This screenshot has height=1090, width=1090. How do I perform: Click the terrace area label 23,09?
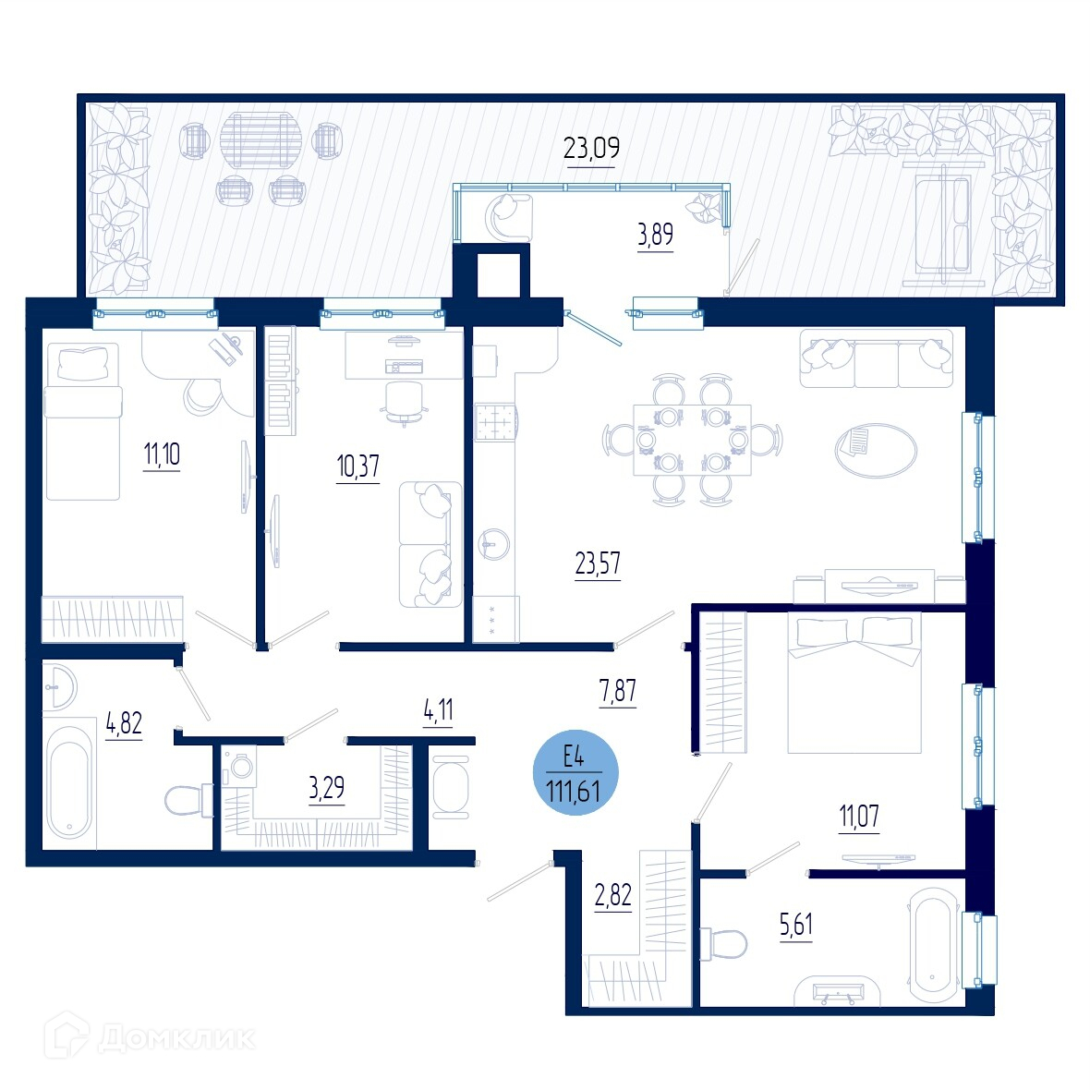(x=591, y=148)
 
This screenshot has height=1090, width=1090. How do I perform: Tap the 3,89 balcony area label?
(x=656, y=235)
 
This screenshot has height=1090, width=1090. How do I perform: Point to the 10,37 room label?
(x=358, y=466)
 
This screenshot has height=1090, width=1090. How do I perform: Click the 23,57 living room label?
(x=598, y=563)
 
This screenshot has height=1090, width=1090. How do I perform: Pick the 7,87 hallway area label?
(x=617, y=691)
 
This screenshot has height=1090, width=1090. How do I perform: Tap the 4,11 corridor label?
(x=438, y=710)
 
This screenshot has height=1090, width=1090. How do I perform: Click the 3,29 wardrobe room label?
(x=326, y=788)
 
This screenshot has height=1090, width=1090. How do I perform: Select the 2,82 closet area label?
(x=613, y=895)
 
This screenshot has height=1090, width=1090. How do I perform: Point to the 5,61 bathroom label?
(x=796, y=926)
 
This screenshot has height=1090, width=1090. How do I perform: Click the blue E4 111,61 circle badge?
(x=575, y=773)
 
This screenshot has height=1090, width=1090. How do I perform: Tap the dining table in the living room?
(x=693, y=440)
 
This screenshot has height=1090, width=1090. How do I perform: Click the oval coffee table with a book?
(x=876, y=451)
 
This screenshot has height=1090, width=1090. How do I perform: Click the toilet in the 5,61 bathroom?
(x=723, y=944)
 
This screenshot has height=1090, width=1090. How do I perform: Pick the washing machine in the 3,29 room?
(x=239, y=766)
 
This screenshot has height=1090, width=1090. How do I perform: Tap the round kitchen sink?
(x=495, y=543)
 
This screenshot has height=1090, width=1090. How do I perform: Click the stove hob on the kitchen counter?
(x=496, y=421)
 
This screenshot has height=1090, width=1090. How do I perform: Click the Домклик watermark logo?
(x=150, y=1038)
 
